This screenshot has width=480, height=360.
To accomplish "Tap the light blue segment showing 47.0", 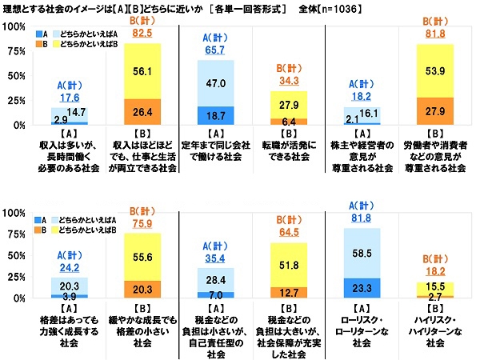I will [x=210, y=82].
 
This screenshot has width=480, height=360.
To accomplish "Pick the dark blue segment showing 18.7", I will [x=210, y=115].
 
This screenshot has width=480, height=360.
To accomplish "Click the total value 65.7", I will [x=210, y=49].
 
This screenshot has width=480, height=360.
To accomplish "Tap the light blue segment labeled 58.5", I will [x=362, y=253].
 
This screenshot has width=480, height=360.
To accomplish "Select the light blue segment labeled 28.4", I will [x=210, y=280].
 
